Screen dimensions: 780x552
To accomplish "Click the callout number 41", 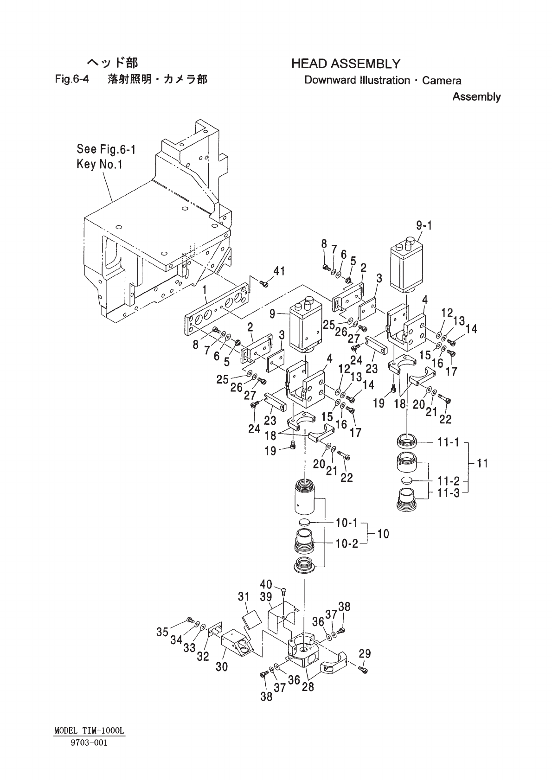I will pyautogui.click(x=279, y=271).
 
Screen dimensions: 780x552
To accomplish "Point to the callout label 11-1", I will pyautogui.click(x=448, y=442).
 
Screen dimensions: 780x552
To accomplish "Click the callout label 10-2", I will pyautogui.click(x=347, y=543).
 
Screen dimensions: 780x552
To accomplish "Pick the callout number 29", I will pyautogui.click(x=365, y=654).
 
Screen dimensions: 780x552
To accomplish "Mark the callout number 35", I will pyautogui.click(x=162, y=632).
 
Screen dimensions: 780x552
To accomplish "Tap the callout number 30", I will pyautogui.click(x=222, y=667).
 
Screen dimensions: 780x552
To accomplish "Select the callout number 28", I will pyautogui.click(x=308, y=686).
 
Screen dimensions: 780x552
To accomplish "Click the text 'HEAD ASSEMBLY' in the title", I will pyautogui.click(x=346, y=64).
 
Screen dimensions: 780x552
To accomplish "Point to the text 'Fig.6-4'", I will pyautogui.click(x=72, y=79).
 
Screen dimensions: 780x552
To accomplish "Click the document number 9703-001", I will pyautogui.click(x=90, y=743).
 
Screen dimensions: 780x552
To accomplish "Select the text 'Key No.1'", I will pyautogui.click(x=99, y=164).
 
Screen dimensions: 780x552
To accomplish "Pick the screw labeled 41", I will pyautogui.click(x=264, y=283).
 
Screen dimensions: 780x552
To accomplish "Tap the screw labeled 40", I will pyautogui.click(x=283, y=591).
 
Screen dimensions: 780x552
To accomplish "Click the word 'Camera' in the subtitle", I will pyautogui.click(x=442, y=81).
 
